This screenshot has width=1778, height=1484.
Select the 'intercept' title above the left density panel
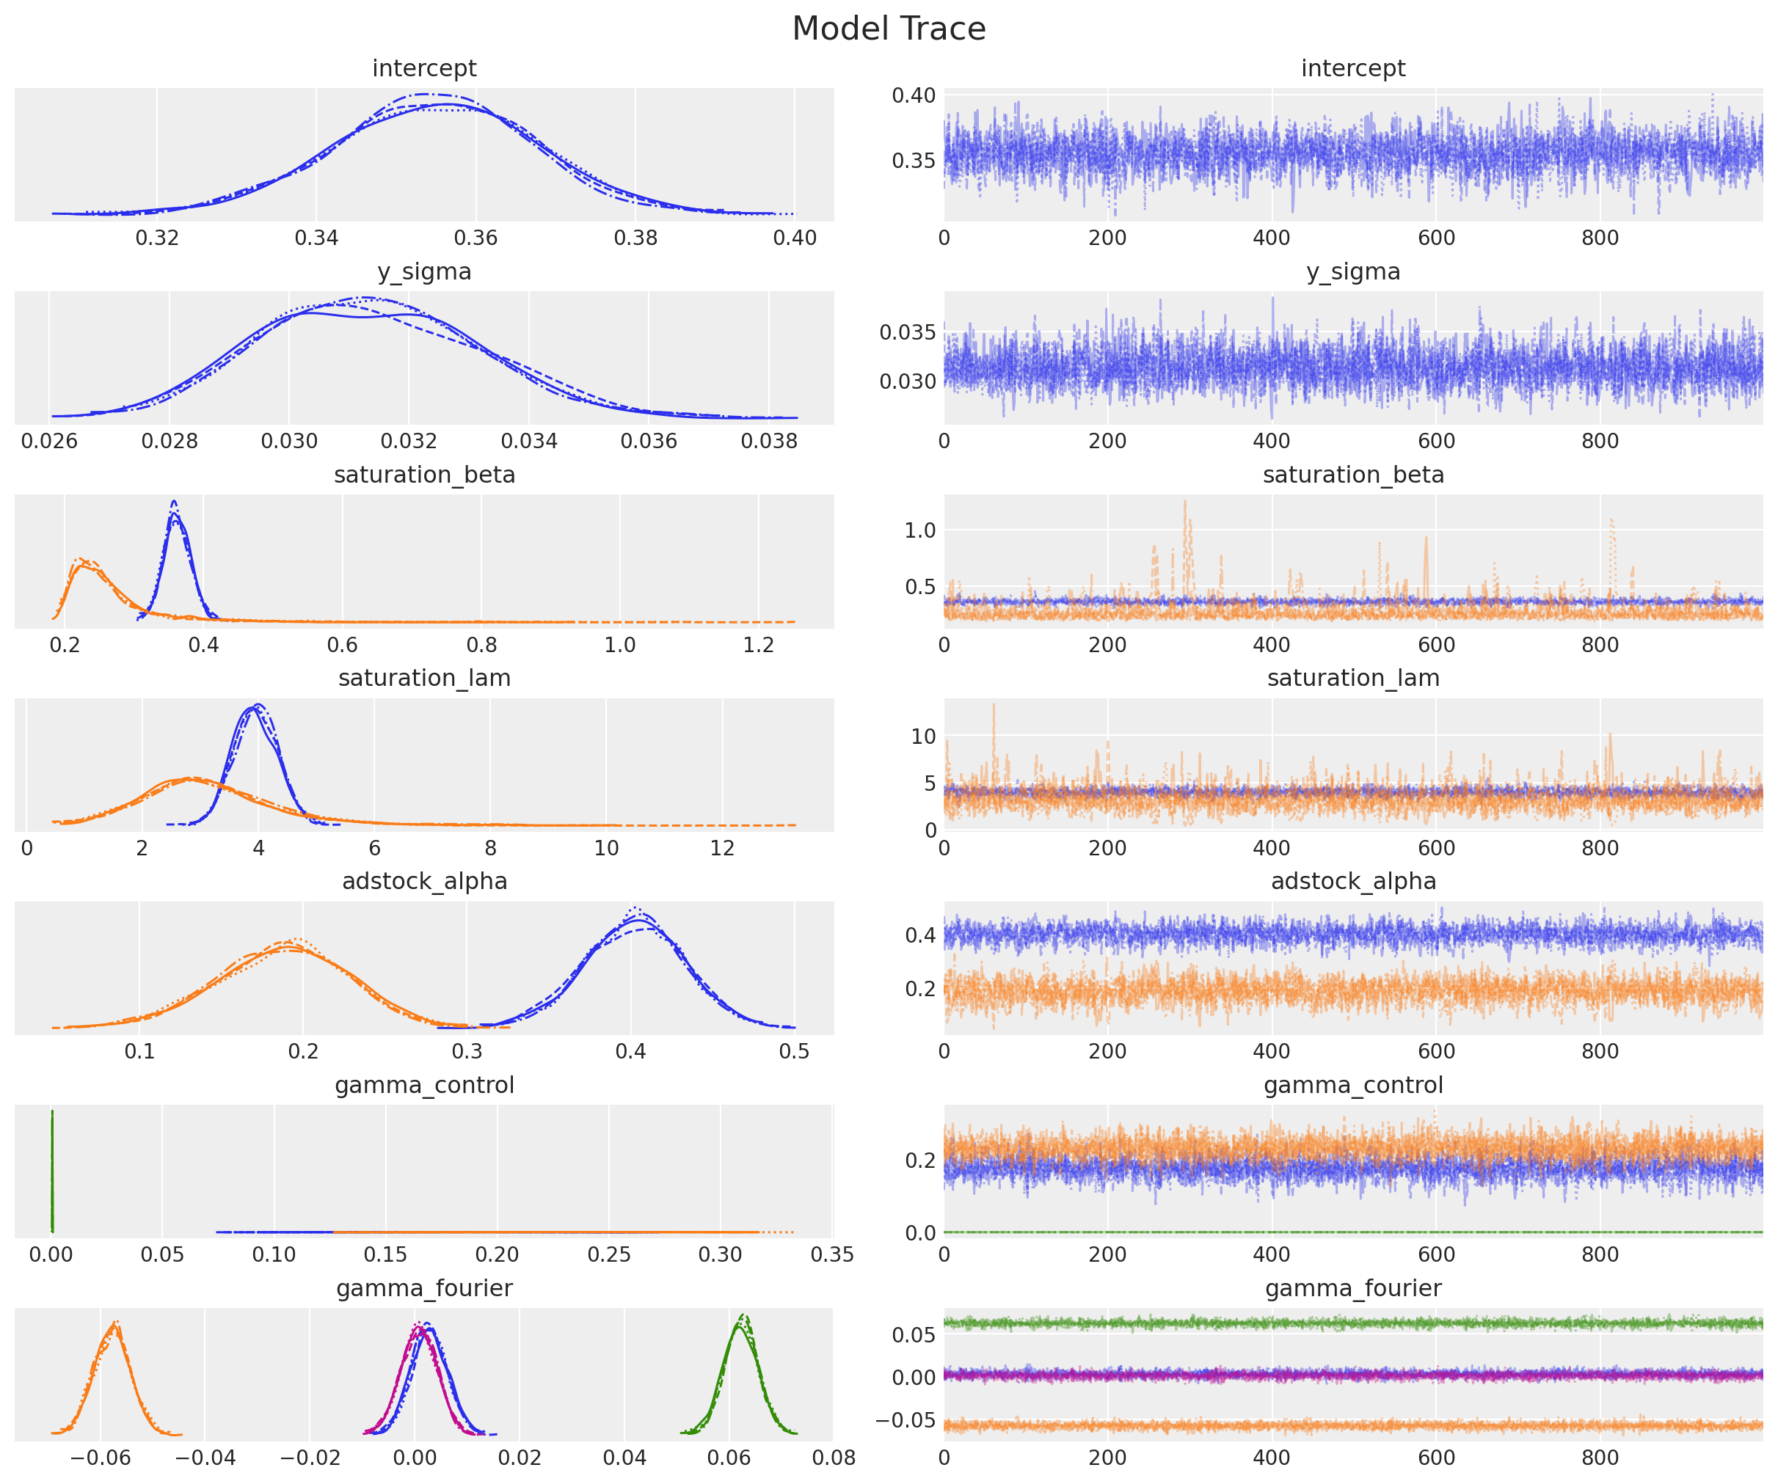pos(424,68)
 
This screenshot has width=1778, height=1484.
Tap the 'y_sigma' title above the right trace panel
pos(1353,271)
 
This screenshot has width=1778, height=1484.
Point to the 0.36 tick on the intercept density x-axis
pos(476,238)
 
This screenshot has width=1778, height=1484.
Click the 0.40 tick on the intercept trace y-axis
pos(914,95)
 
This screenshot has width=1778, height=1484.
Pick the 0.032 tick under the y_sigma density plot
pos(409,442)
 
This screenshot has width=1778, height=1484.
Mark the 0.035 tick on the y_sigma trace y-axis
pos(907,332)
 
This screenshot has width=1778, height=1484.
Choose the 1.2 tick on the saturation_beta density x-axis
pos(759,645)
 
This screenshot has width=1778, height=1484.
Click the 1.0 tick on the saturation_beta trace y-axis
pos(920,531)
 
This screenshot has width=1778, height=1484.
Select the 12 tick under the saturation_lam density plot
pos(722,848)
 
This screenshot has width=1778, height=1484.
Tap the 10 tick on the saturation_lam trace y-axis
pos(923,736)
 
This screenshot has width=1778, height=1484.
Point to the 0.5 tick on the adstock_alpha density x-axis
pos(794,1051)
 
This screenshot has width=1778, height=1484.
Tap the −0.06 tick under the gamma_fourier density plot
pos(100,1458)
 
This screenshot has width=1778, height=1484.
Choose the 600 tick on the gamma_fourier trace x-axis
pos(1436,1458)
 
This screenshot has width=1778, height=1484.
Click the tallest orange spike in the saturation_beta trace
pos(1184,501)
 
